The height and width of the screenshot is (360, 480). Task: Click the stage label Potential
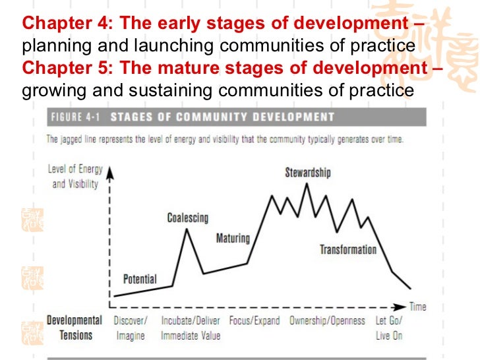pyautogui.click(x=140, y=279)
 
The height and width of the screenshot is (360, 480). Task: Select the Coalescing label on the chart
pyautogui.click(x=187, y=218)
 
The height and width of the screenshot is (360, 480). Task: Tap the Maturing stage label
pyautogui.click(x=233, y=238)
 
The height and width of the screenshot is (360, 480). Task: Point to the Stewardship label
pyautogui.click(x=308, y=173)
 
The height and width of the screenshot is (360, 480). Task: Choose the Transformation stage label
pyautogui.click(x=348, y=249)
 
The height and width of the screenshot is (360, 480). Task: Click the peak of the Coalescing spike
pyautogui.click(x=188, y=229)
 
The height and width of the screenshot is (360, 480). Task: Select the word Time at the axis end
pyautogui.click(x=417, y=307)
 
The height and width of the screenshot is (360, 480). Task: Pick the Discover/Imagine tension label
pyautogui.click(x=131, y=328)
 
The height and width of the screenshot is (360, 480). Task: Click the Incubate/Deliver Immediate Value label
pyautogui.click(x=191, y=328)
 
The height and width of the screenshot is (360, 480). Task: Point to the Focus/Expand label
pyautogui.click(x=254, y=321)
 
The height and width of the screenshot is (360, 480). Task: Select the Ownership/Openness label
pyautogui.click(x=328, y=321)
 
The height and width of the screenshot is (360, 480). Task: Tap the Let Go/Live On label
pyautogui.click(x=388, y=328)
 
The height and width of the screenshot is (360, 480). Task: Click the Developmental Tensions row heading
pyautogui.click(x=74, y=328)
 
